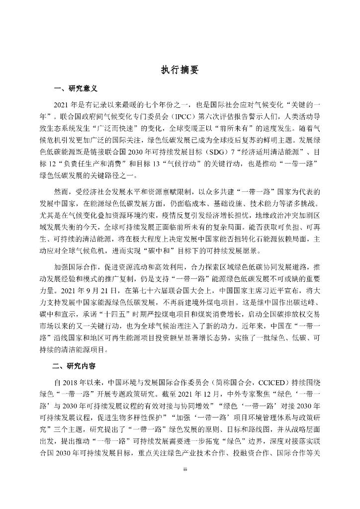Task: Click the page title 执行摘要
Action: click(x=180, y=70)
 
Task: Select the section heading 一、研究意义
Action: click(x=75, y=89)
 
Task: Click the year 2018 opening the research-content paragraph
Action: click(x=69, y=383)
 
